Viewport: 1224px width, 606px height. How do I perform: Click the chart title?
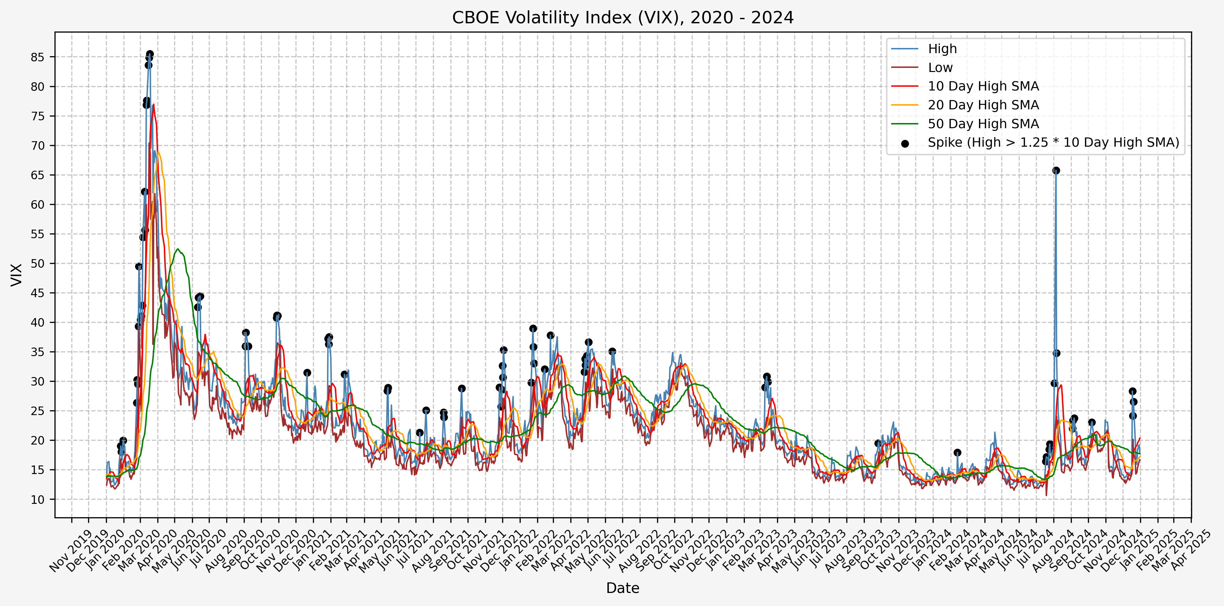tap(622, 17)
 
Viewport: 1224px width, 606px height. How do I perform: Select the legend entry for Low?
tap(940, 68)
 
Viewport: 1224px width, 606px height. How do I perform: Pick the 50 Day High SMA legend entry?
tap(983, 124)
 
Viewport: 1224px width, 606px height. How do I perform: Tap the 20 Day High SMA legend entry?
tap(983, 105)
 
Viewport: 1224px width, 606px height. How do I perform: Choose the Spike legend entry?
tap(1053, 143)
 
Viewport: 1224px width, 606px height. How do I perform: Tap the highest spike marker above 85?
tap(150, 54)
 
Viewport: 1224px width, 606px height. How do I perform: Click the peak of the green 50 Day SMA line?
tap(177, 249)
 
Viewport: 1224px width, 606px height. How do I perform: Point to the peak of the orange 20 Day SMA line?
tap(158, 152)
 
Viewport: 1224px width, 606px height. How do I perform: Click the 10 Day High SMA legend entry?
tap(983, 86)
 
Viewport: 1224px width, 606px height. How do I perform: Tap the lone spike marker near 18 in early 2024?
tap(957, 452)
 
